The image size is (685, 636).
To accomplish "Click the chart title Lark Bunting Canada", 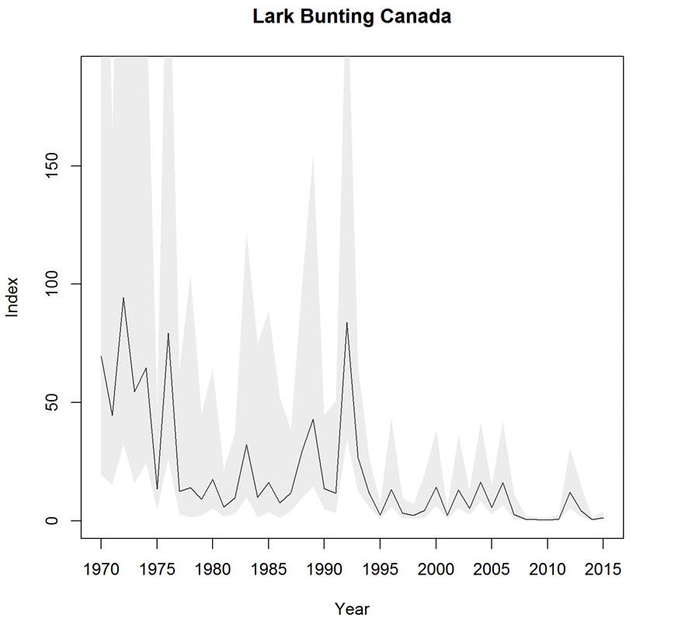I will click(351, 17).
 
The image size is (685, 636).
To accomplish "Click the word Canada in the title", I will click(420, 17).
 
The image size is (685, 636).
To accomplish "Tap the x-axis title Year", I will click(352, 610).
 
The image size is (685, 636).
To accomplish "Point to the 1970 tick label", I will click(101, 568).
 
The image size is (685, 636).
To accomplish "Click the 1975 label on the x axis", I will click(157, 568).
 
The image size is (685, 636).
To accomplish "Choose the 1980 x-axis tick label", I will click(213, 568).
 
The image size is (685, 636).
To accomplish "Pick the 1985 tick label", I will click(268, 568).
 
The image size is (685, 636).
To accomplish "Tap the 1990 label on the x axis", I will click(324, 568).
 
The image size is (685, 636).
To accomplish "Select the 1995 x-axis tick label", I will click(380, 568).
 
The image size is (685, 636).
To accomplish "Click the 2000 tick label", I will click(436, 568).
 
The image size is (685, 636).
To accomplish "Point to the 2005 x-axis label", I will click(492, 568).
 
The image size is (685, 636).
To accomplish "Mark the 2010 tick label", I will click(547, 568).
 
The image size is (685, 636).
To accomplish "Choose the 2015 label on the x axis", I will click(603, 568).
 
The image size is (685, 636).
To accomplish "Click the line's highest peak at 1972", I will click(123, 297).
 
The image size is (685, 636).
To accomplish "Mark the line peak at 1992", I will click(346, 322).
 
